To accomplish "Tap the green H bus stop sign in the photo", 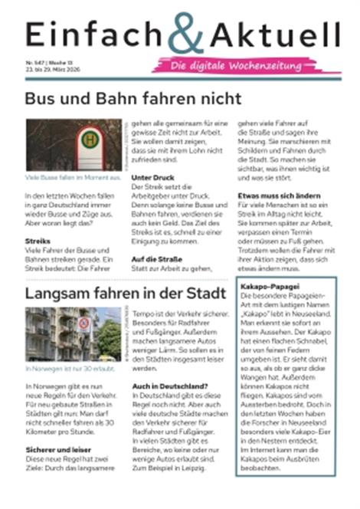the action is pyautogui.click(x=90, y=140).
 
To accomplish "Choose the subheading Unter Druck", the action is pyautogui.click(x=152, y=177).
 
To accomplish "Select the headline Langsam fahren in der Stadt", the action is pyautogui.click(x=126, y=294).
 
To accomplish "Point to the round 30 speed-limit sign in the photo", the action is pyautogui.click(x=83, y=323).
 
